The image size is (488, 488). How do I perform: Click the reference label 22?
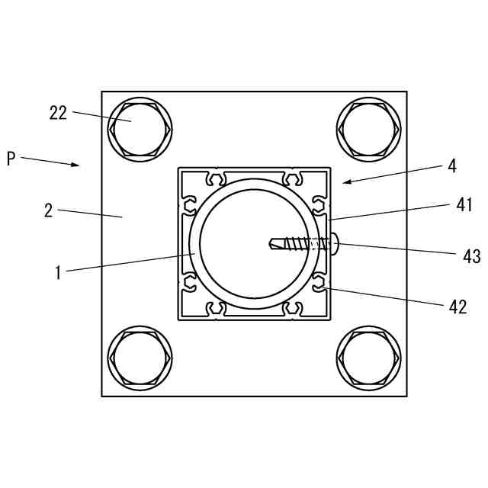58,113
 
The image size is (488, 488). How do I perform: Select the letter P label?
11,159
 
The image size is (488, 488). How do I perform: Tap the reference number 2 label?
49,210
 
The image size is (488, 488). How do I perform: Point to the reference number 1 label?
58,273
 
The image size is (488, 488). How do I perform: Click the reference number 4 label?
452,166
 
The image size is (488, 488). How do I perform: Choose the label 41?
464,205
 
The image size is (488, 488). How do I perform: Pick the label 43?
472,257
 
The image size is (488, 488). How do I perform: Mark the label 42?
457,307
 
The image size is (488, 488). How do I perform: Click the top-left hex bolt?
140,130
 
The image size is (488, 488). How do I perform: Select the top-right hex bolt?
369,130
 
